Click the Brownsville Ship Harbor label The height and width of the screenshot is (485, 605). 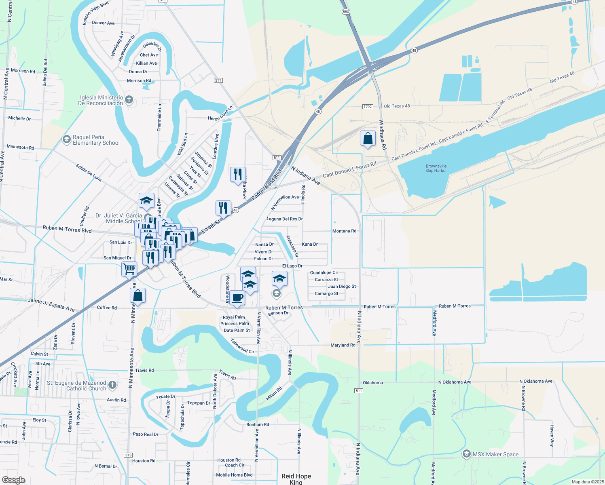tap(436, 168)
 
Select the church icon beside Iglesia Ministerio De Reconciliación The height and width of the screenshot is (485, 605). tap(129, 100)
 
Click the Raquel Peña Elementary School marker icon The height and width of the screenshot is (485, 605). tap(66, 140)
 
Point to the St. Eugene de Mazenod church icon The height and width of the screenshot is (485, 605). tap(112, 385)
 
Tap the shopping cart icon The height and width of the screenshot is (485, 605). tap(129, 268)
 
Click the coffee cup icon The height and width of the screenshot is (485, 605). tap(237, 298)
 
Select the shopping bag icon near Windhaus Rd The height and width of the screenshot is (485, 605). tap(368, 139)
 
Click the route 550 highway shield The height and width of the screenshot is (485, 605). tap(345, 12)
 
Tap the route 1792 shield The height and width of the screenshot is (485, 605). tap(367, 107)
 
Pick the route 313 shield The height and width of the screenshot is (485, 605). tap(128, 455)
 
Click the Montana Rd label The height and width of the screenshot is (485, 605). tap(344, 231)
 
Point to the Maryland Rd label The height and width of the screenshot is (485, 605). tap(343, 345)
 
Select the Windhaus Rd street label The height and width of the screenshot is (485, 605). tap(382, 135)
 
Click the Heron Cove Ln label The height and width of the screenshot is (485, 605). tap(220, 114)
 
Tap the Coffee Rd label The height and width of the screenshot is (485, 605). tap(107, 308)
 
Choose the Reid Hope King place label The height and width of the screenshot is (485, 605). tap(296, 479)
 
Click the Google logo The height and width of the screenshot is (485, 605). tap(13, 480)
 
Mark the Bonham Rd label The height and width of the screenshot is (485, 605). tap(258, 425)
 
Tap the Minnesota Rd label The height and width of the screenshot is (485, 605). tap(20, 147)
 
